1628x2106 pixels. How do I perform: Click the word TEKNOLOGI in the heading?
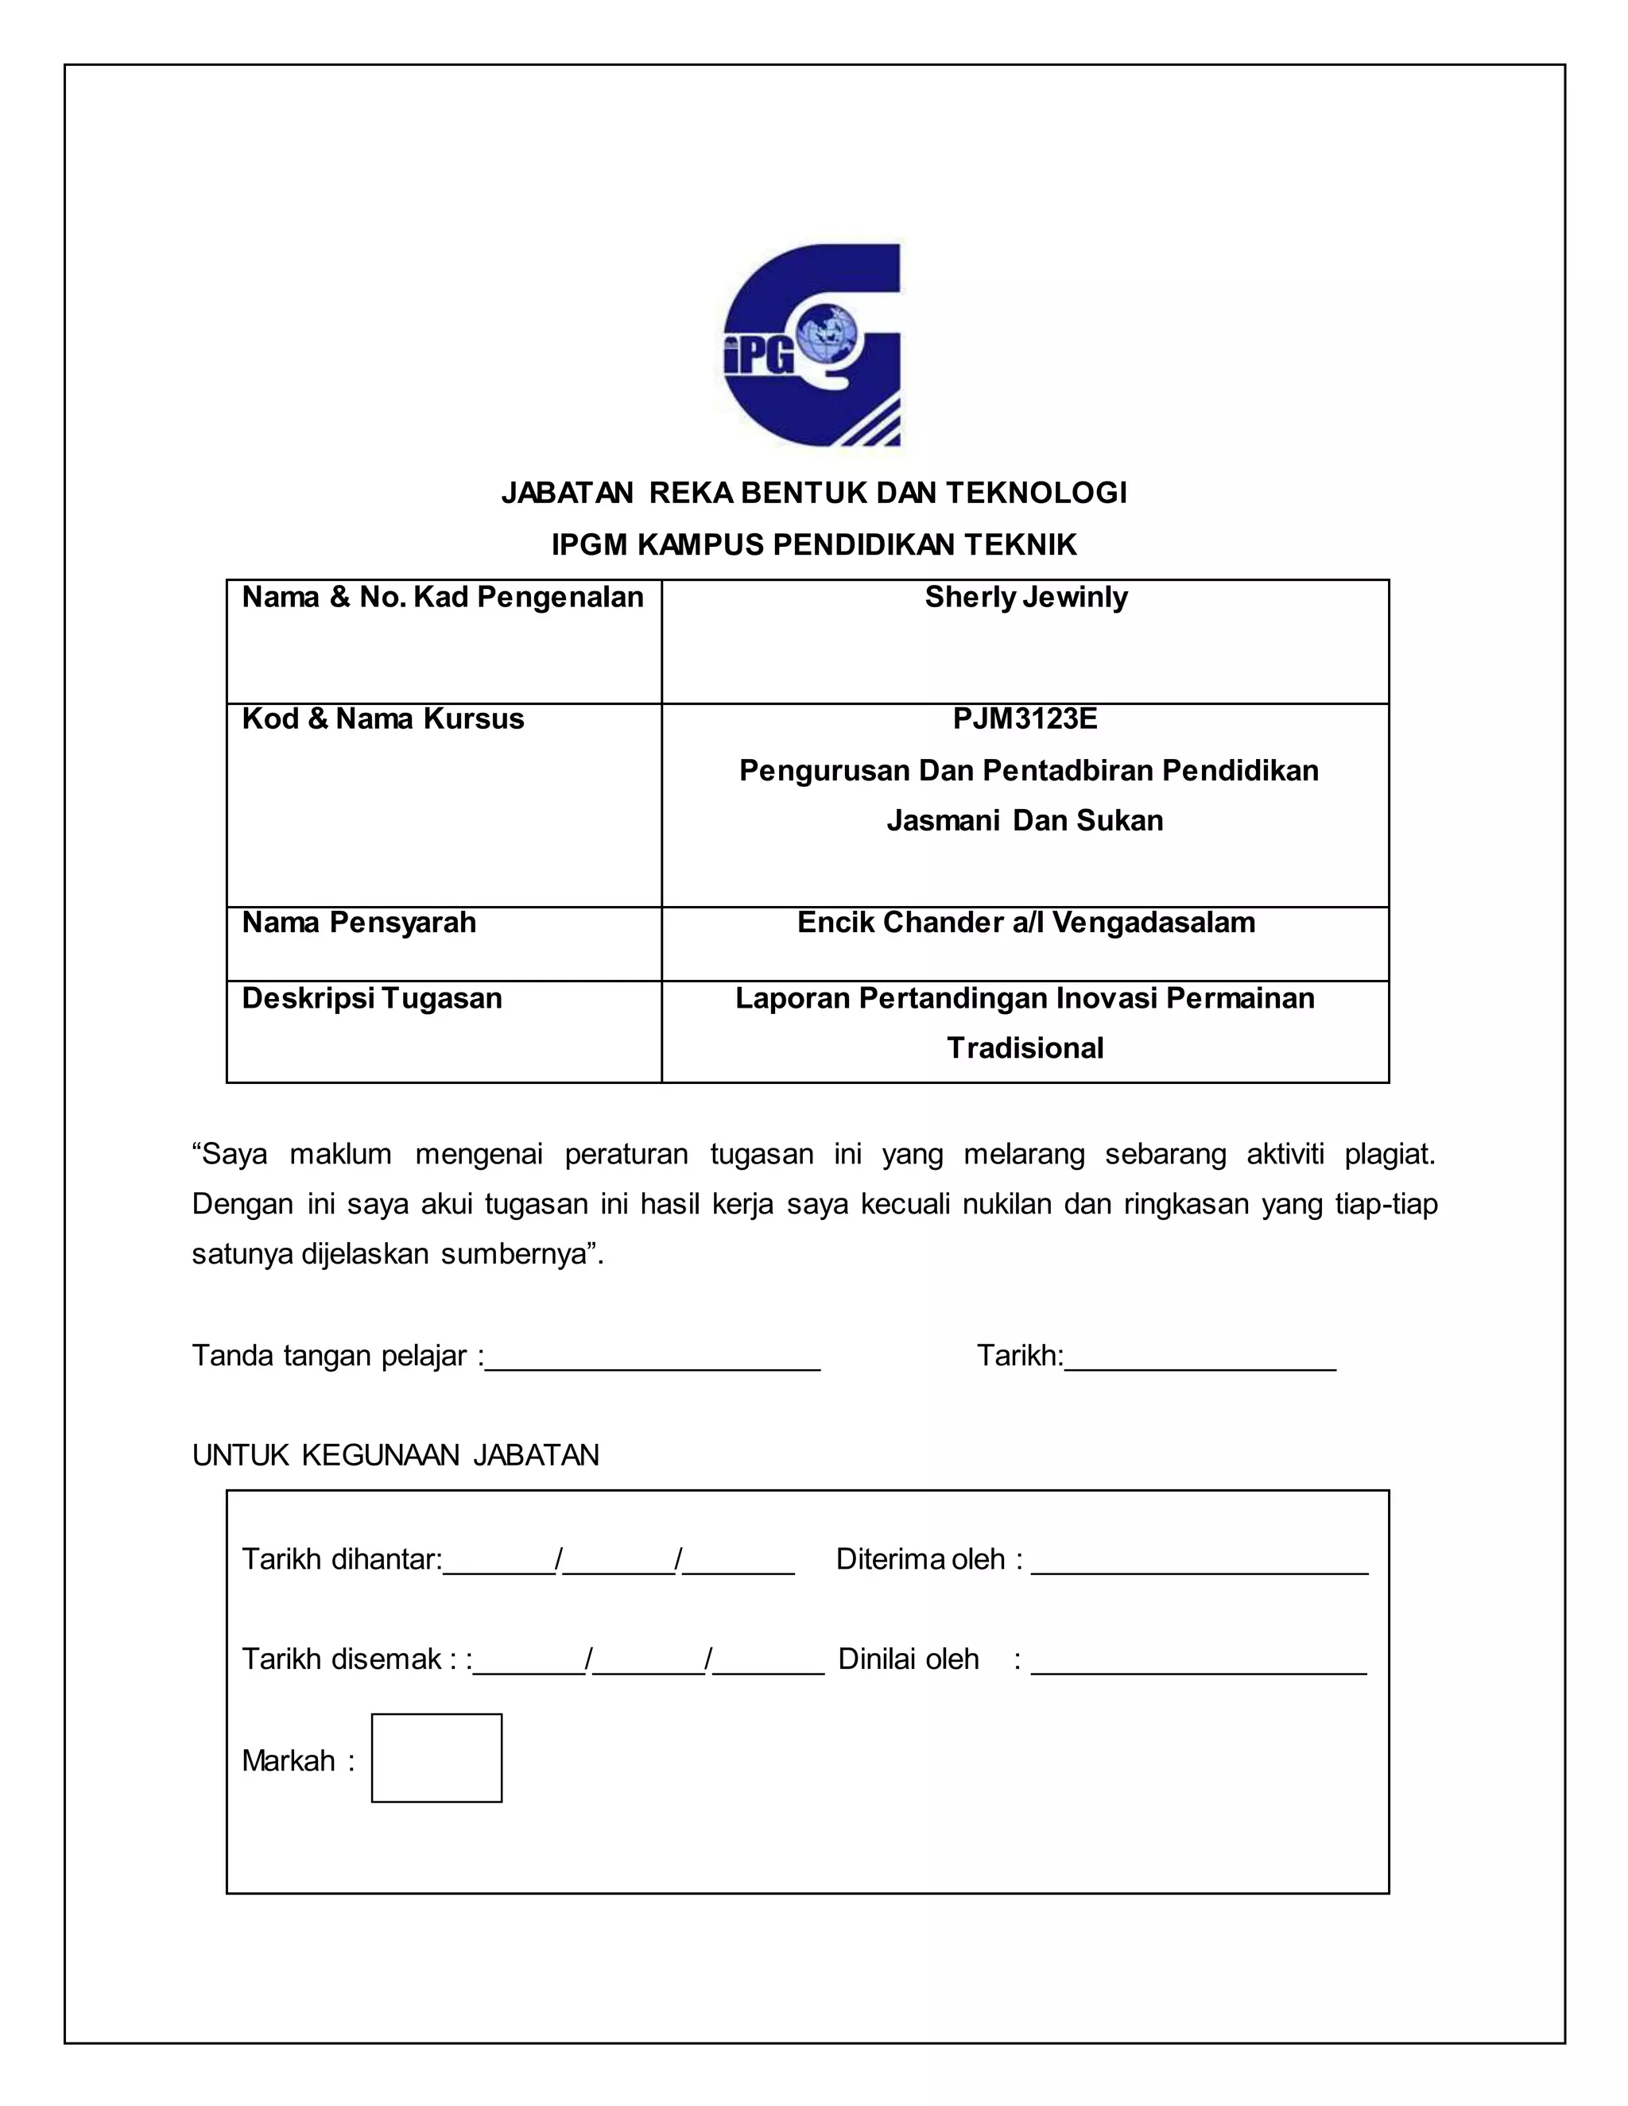pyautogui.click(x=1036, y=493)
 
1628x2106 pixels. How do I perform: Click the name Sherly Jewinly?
pyautogui.click(x=1025, y=598)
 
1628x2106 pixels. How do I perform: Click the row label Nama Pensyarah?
pyautogui.click(x=359, y=923)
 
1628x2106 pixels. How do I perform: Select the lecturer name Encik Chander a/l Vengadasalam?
pyautogui.click(x=1025, y=923)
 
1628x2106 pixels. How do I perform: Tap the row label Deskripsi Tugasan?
pyautogui.click(x=371, y=998)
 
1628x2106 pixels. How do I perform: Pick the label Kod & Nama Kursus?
pyautogui.click(x=383, y=719)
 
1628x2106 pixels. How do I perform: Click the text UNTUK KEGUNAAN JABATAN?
pyautogui.click(x=395, y=1455)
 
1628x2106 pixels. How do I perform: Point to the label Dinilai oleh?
pyautogui.click(x=908, y=1659)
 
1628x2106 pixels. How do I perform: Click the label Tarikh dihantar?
pyautogui.click(x=340, y=1559)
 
